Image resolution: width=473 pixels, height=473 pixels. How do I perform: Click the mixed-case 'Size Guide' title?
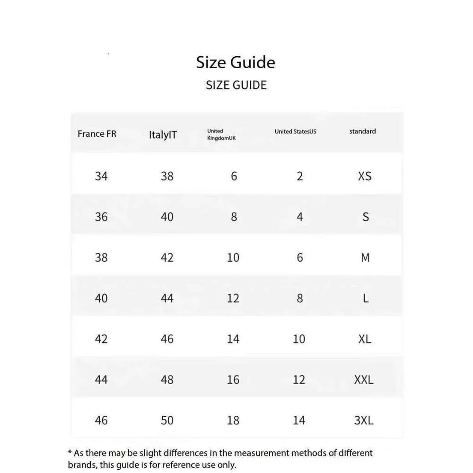[236, 62]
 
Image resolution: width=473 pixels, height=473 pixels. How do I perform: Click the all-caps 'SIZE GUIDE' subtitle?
[236, 85]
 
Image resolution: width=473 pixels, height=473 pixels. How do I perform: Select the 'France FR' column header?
[97, 134]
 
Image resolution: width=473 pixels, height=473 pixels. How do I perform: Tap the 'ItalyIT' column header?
[163, 135]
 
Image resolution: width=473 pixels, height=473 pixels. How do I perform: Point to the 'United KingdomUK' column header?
[221, 134]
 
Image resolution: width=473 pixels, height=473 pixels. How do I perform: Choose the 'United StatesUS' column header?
[295, 131]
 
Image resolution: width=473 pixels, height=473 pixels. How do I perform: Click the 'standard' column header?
[362, 131]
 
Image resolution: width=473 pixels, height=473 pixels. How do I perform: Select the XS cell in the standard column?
[365, 176]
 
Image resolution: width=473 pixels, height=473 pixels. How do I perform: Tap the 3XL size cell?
[364, 420]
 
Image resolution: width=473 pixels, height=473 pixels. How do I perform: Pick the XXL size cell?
[364, 380]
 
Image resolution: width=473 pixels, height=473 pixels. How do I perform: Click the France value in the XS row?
[101, 176]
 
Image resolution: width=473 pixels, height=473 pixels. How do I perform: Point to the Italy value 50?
[167, 420]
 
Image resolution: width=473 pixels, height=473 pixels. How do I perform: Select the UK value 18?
[233, 420]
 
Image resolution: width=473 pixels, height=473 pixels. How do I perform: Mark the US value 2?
[299, 176]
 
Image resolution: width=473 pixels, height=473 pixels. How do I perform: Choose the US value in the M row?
[299, 258]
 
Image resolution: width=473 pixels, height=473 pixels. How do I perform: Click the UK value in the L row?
[233, 298]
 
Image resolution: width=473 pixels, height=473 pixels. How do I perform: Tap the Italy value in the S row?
[167, 217]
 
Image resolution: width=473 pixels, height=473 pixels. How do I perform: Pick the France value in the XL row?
[101, 339]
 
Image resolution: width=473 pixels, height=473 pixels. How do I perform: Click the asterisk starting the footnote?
[70, 452]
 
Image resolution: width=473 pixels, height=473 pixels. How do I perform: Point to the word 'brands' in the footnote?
[81, 465]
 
